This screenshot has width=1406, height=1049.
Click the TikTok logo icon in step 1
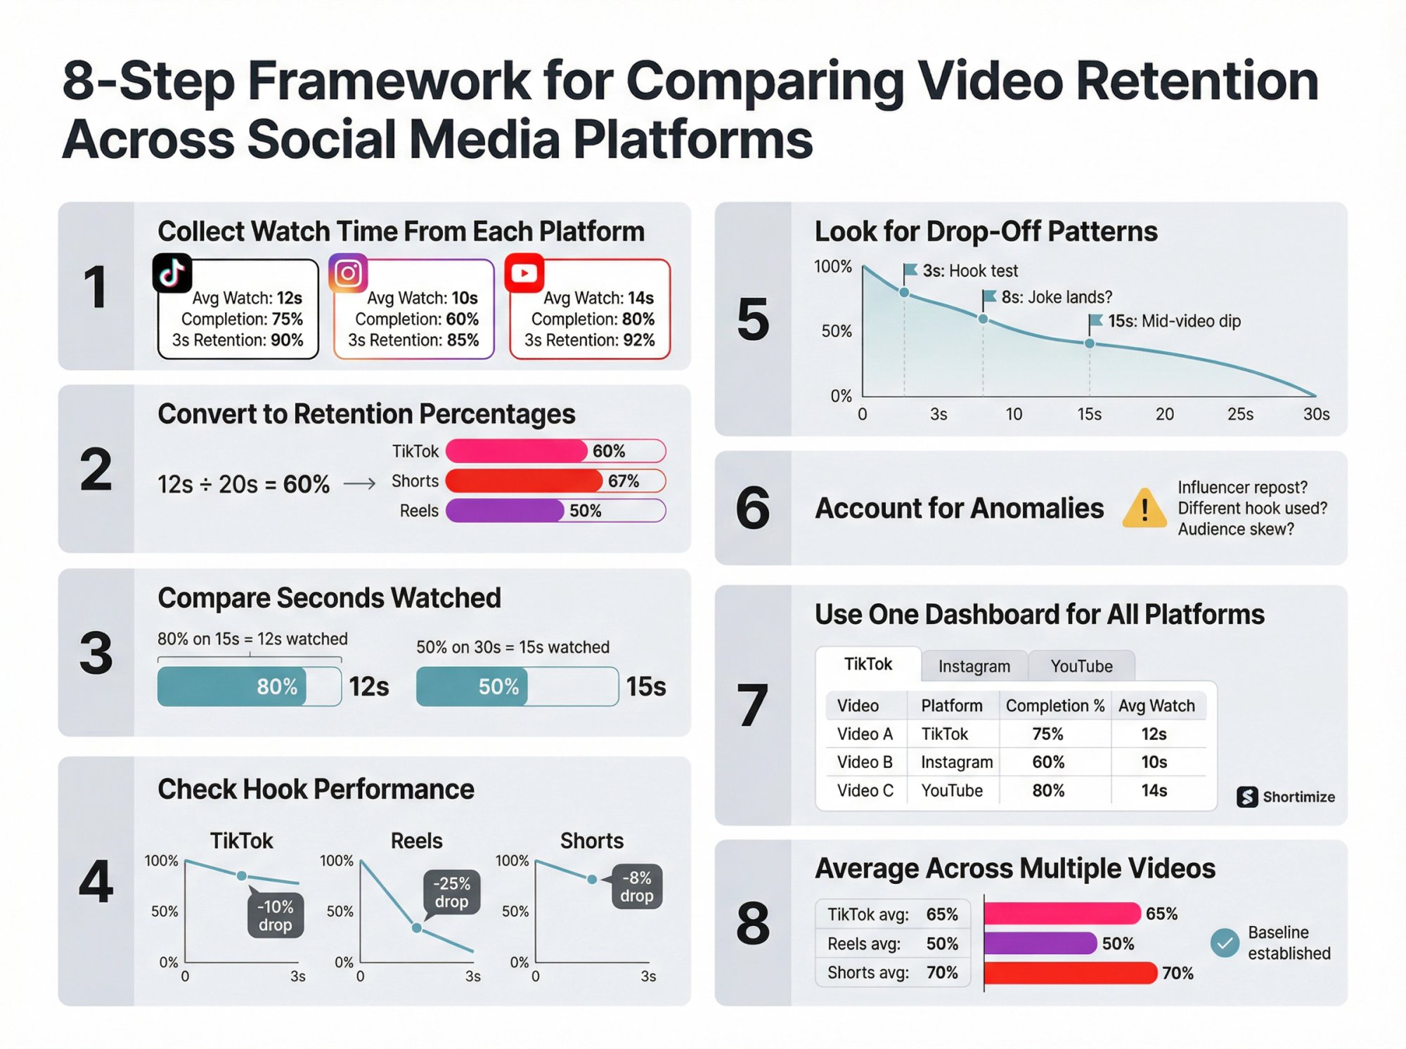[172, 273]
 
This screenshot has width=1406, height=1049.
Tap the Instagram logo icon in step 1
[348, 273]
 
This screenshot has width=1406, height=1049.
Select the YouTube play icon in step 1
[524, 273]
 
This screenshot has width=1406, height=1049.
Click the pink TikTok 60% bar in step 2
[517, 450]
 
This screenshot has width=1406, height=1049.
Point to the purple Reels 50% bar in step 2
[505, 511]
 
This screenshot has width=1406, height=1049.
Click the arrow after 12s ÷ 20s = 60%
[360, 484]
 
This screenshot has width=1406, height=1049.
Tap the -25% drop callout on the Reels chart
[451, 892]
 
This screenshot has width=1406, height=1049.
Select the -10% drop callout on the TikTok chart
[275, 916]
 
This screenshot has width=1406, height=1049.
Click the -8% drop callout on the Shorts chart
[636, 887]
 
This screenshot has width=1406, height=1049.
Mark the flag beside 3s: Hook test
[910, 270]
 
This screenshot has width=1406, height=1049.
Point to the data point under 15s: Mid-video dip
[1090, 344]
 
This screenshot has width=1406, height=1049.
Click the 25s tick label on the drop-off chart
[1240, 415]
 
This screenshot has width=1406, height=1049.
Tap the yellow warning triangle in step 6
[1144, 508]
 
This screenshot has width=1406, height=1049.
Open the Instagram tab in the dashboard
[974, 666]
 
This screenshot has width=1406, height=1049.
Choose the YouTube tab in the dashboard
[1081, 666]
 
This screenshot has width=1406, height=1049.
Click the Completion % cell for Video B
[1048, 762]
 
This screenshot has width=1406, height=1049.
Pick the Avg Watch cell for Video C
[1154, 790]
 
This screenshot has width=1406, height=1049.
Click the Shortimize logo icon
[1247, 797]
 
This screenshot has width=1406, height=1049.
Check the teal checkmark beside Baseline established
[1225, 943]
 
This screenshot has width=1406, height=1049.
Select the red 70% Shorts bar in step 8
[1070, 973]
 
